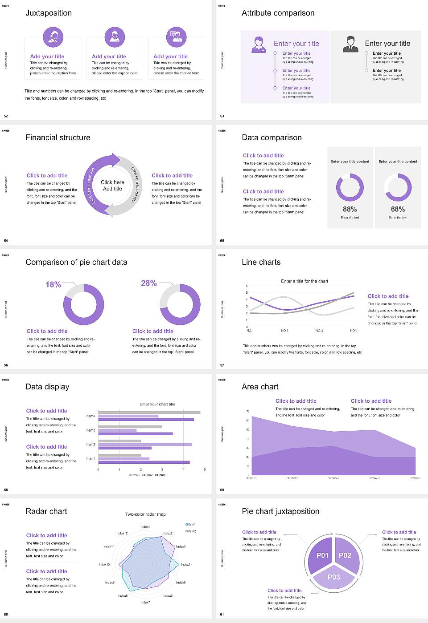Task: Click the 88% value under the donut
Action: tap(350, 209)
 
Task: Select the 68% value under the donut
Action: tap(398, 209)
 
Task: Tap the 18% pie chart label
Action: tap(53, 284)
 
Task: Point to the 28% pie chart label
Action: tap(148, 283)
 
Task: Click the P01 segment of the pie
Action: tap(322, 555)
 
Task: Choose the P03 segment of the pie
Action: tap(334, 577)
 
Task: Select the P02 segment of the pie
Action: tap(345, 555)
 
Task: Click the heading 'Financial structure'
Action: tap(58, 138)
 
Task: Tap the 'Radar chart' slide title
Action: tap(46, 511)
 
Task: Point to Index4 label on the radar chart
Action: tap(185, 564)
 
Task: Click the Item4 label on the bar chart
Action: tap(91, 416)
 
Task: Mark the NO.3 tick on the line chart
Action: tap(319, 331)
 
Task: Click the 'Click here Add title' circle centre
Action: tap(112, 186)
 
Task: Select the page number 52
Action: tap(6, 116)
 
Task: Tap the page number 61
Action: tap(222, 615)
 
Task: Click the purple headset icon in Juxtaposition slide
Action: tap(53, 37)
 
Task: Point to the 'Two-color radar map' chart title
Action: tap(145, 514)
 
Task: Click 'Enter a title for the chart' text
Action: tap(305, 281)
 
